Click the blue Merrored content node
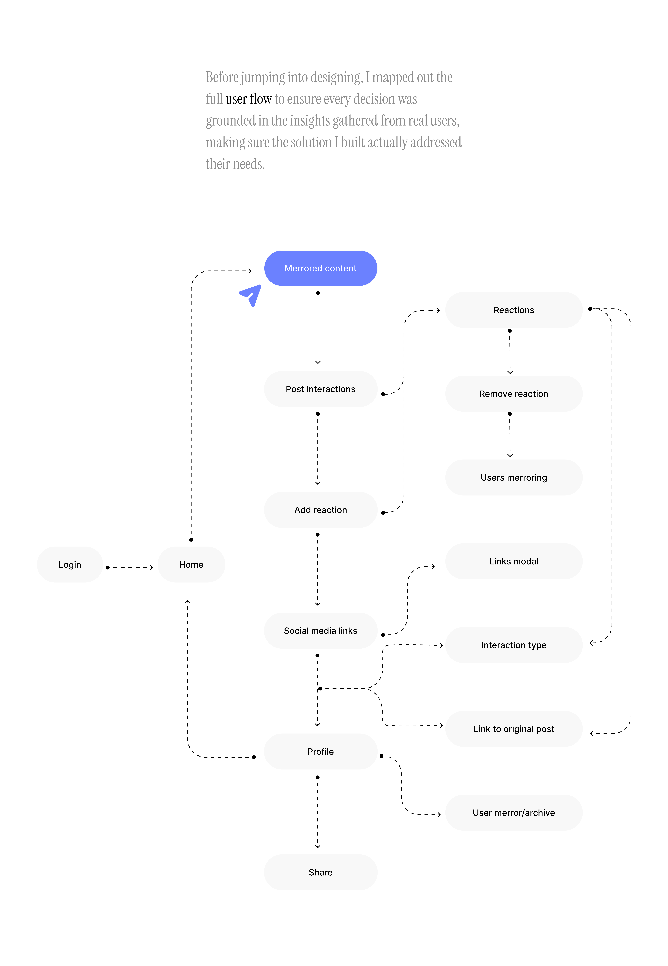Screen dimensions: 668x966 point(321,268)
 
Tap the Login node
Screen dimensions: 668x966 point(70,564)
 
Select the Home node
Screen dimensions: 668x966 point(191,564)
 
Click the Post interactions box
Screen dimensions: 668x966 point(321,389)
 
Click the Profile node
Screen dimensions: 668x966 point(321,751)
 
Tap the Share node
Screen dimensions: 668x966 point(321,872)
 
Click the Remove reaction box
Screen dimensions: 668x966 point(514,394)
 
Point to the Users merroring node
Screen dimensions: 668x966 point(514,477)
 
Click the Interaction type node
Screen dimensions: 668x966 point(514,645)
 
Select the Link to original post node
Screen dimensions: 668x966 point(514,729)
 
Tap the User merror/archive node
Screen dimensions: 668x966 point(514,812)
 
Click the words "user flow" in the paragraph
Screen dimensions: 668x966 point(249,99)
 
